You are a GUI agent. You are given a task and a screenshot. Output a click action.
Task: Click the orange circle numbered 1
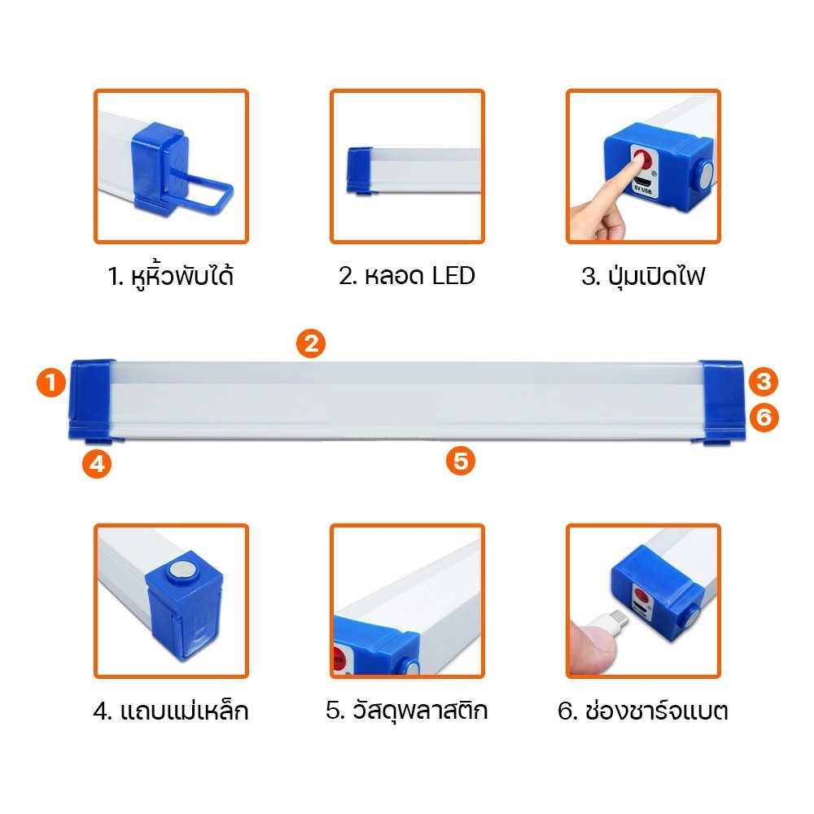pyautogui.click(x=50, y=383)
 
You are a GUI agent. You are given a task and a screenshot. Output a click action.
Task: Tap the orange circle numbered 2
pyautogui.click(x=311, y=344)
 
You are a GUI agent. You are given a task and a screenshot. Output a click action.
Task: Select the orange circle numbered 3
pyautogui.click(x=764, y=382)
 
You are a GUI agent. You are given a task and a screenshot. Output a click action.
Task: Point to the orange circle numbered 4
pyautogui.click(x=97, y=464)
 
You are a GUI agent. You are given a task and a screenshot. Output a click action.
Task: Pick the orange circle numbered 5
pyautogui.click(x=461, y=461)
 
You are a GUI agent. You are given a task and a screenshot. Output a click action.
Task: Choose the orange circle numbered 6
pyautogui.click(x=764, y=418)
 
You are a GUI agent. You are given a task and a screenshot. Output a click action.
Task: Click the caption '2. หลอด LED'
pyautogui.click(x=407, y=276)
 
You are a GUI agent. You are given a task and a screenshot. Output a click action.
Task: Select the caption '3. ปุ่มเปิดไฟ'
pyautogui.click(x=643, y=276)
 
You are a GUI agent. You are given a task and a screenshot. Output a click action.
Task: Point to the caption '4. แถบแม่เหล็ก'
pyautogui.click(x=171, y=710)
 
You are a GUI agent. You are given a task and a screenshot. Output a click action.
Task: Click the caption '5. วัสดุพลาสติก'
pyautogui.click(x=407, y=710)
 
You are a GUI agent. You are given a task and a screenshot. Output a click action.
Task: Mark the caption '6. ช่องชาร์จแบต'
pyautogui.click(x=643, y=710)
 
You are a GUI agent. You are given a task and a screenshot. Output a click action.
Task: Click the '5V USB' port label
pyautogui.click(x=643, y=190)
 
